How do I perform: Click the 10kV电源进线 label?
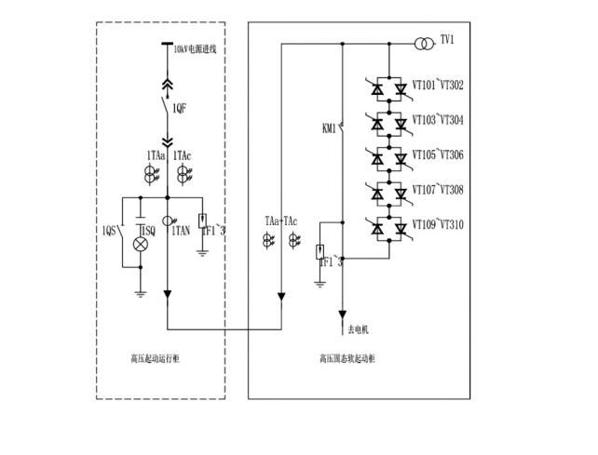click(x=196, y=49)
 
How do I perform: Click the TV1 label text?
click(x=447, y=40)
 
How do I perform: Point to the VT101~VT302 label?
click(x=438, y=87)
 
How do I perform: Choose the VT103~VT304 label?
click(x=438, y=121)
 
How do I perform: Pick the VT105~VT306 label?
click(x=438, y=155)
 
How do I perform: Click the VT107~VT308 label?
click(x=438, y=190)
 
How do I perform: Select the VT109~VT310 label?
click(x=438, y=224)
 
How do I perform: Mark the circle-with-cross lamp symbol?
click(x=142, y=243)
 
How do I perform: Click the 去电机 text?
click(x=360, y=329)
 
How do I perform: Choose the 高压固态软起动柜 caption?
click(x=346, y=357)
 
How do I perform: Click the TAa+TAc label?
click(x=282, y=222)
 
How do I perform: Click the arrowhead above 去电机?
click(x=344, y=313)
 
